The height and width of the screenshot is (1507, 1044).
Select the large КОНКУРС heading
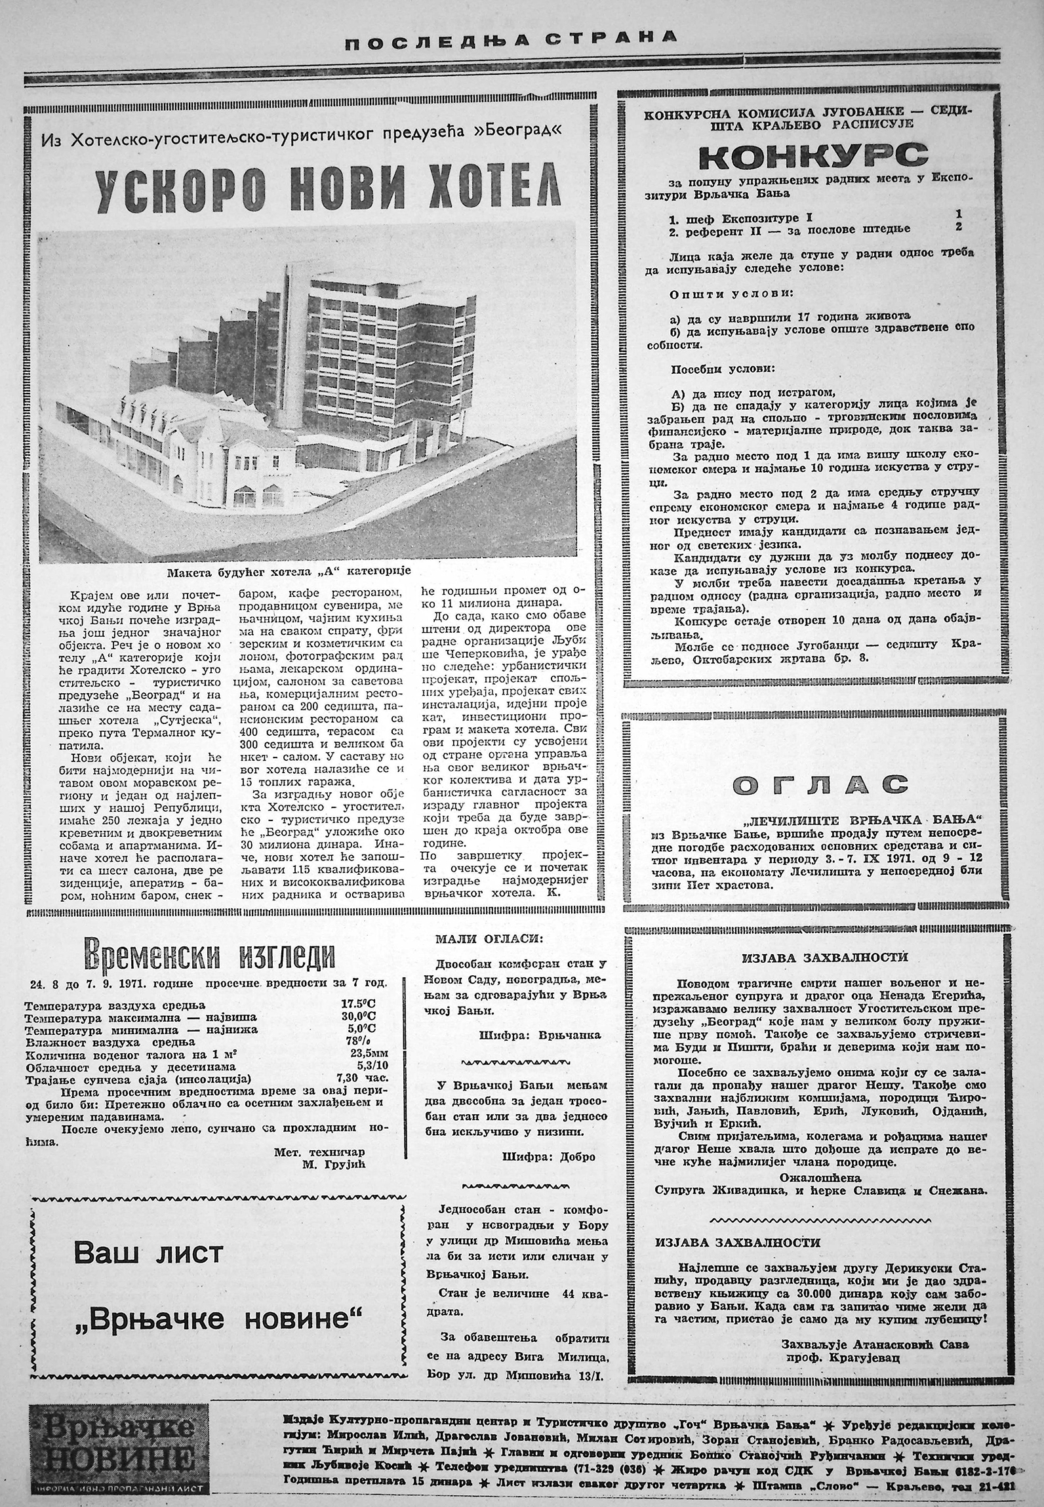813,156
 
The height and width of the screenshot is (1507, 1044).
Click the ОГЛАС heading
813,784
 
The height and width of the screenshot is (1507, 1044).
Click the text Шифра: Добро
549,1156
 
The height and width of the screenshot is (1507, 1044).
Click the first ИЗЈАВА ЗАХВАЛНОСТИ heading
825,957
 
